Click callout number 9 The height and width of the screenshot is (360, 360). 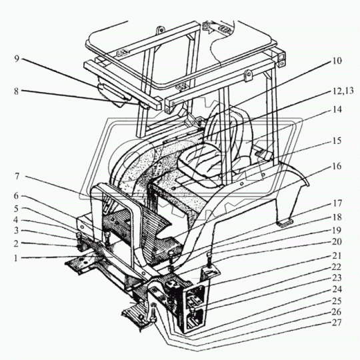click(x=16, y=59)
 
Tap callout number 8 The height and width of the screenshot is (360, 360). click(x=16, y=91)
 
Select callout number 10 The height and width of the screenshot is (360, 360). click(x=337, y=61)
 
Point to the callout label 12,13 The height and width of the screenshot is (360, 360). click(x=343, y=91)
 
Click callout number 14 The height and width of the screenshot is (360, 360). click(x=337, y=109)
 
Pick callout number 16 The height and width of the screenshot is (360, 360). click(x=337, y=166)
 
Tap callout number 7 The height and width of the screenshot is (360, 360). click(x=16, y=177)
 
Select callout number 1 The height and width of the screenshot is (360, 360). click(x=15, y=258)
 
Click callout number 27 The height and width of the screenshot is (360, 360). click(x=337, y=323)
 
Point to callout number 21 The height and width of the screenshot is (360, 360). click(x=337, y=255)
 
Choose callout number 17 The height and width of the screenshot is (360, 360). click(x=337, y=203)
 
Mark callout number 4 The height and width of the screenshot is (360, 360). click(x=16, y=220)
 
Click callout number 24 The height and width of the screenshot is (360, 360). click(x=337, y=289)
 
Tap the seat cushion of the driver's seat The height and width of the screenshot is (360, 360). click(x=200, y=162)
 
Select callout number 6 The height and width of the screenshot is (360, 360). click(x=16, y=196)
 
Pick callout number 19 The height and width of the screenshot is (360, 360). click(x=337, y=230)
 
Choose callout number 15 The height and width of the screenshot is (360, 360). click(x=337, y=141)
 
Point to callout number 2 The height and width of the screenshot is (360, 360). click(x=16, y=243)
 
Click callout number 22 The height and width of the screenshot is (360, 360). click(x=337, y=267)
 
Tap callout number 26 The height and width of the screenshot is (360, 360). click(x=337, y=312)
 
